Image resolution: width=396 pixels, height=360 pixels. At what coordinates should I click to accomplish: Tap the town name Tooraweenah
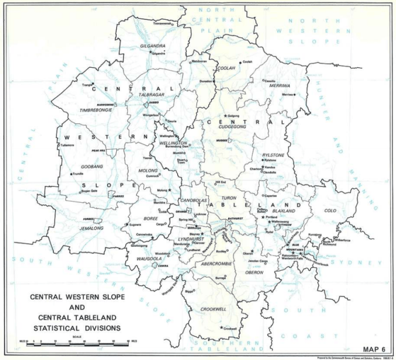coord(163,24)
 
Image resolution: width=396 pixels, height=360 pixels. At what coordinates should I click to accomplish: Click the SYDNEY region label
coord(362,261)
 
